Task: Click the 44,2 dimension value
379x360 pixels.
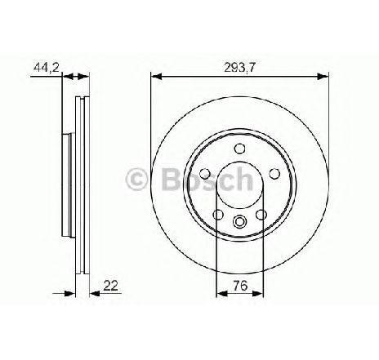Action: (46, 67)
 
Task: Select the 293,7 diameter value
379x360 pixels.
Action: (239, 67)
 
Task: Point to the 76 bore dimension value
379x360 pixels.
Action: (240, 286)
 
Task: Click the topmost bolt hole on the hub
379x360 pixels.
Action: (239, 149)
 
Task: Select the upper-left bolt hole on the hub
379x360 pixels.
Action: (205, 173)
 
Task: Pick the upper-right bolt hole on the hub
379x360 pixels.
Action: (274, 173)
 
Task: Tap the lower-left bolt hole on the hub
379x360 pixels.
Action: (218, 215)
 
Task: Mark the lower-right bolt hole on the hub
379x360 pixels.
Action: (261, 215)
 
